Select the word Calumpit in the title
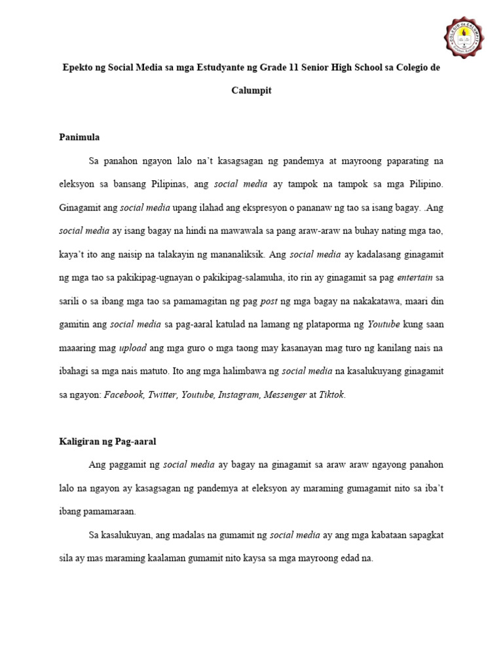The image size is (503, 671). [x=251, y=91]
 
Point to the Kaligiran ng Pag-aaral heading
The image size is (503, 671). [x=108, y=442]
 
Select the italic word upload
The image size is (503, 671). [x=132, y=347]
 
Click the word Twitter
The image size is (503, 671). [x=162, y=394]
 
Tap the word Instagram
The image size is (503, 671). [x=238, y=394]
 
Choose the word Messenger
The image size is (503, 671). [x=285, y=394]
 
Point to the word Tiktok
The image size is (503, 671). [x=331, y=394]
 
